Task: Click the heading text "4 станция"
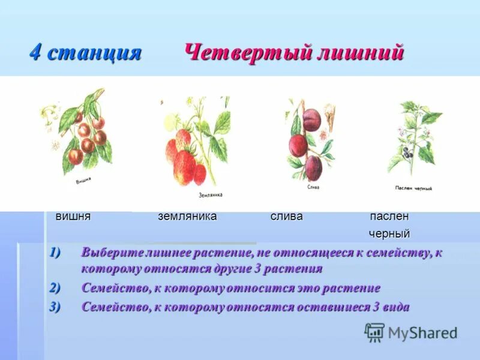[x=85, y=53]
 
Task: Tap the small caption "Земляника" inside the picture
[x=211, y=195]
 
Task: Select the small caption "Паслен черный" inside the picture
[x=413, y=188]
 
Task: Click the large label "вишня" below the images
[x=73, y=217]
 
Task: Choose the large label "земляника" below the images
[x=187, y=217]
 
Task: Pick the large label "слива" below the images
[x=286, y=217]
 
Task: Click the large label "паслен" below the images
[x=389, y=217]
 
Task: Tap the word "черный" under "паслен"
[x=389, y=233]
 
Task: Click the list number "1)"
[x=55, y=252]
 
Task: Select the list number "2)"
[x=55, y=288]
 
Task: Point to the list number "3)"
[x=55, y=307]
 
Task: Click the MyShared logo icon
[x=374, y=332]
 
